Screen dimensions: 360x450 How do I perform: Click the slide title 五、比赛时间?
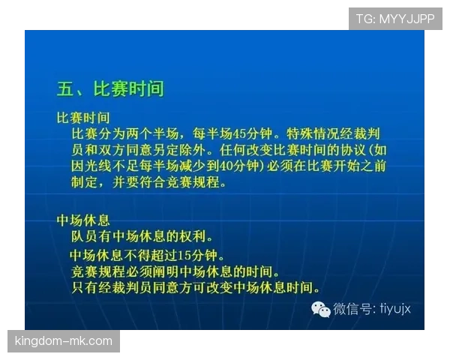110,88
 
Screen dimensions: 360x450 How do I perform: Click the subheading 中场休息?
84,220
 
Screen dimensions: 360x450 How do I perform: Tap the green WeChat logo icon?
321,309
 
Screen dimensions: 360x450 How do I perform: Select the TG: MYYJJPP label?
395,19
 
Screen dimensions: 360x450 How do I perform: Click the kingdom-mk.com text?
63,341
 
